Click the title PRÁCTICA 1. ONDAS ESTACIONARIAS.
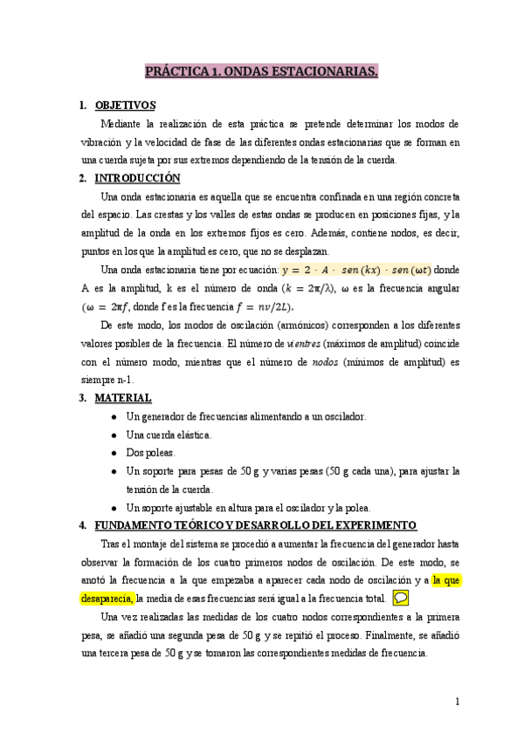point(261,72)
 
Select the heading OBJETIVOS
point(125,106)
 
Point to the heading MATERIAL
point(123,398)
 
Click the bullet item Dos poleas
point(151,453)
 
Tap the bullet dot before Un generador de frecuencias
point(115,416)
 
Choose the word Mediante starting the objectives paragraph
point(121,124)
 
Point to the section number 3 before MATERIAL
point(81,398)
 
